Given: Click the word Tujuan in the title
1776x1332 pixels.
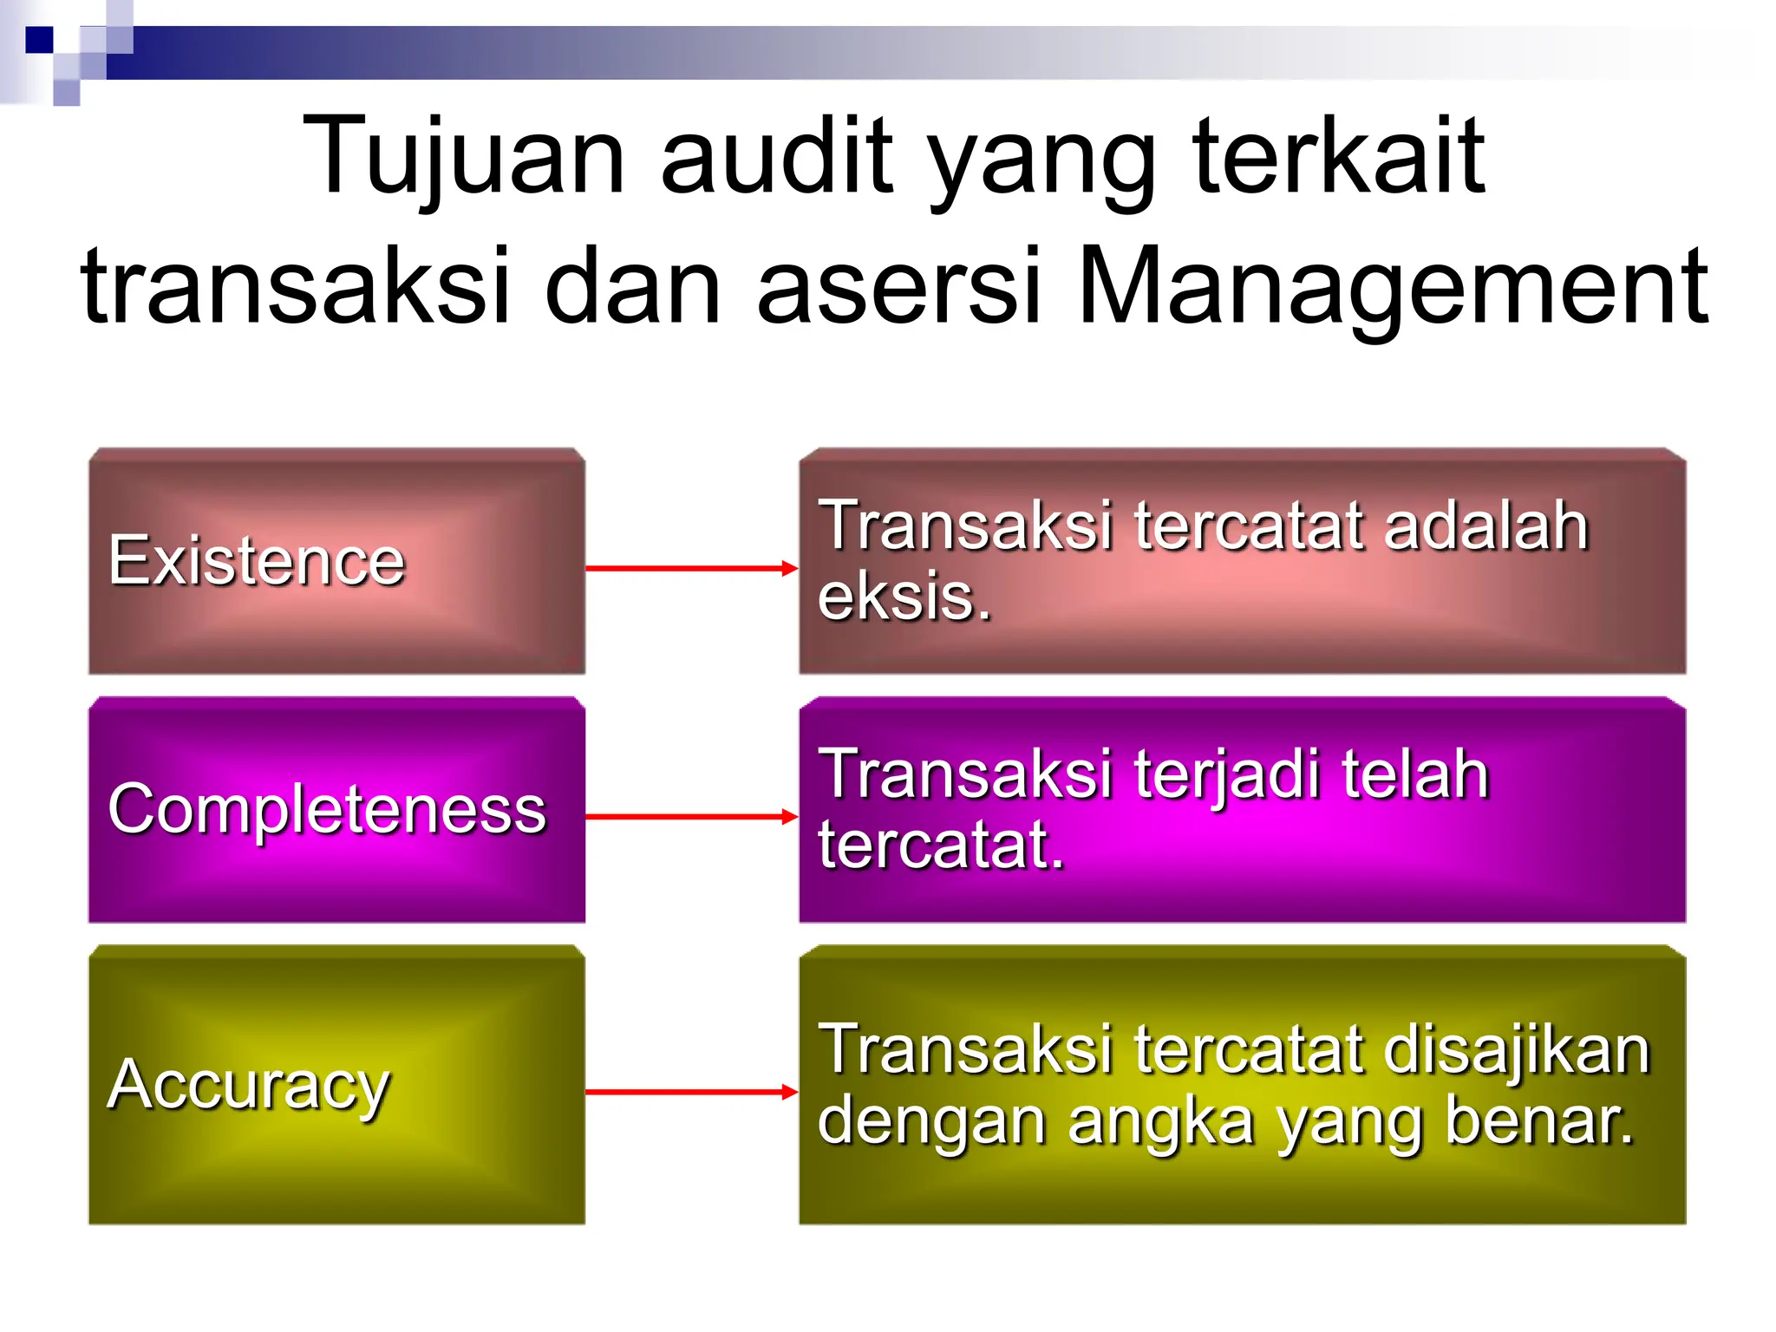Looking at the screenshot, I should click(464, 158).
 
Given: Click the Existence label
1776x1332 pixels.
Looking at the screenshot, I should click(257, 561).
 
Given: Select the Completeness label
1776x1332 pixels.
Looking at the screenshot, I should click(327, 809).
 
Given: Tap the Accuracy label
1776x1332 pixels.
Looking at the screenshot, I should click(249, 1085).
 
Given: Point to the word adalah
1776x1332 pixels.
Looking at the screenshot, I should click(1485, 526).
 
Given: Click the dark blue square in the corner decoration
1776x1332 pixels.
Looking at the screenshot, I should click(39, 40).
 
